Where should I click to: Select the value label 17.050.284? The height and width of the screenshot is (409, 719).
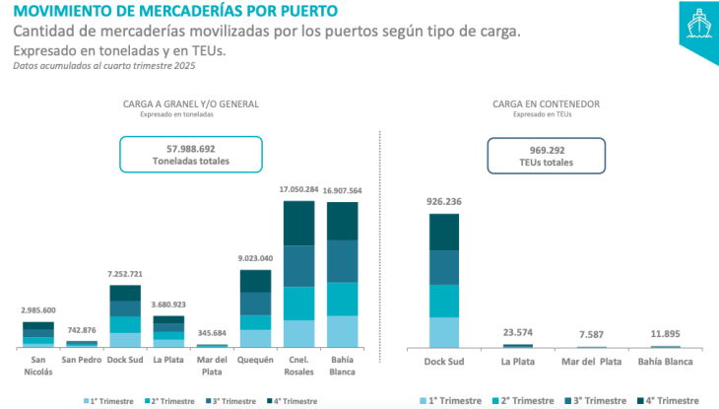[x=299, y=189]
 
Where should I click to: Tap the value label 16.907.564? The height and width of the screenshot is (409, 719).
[x=343, y=191]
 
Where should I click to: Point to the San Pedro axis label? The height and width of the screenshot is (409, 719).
[x=82, y=360]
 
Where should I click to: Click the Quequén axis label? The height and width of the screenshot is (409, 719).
[x=255, y=360]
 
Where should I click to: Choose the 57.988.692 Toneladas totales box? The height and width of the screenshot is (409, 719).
[x=191, y=154]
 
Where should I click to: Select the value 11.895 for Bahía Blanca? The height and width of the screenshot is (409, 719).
[x=666, y=334]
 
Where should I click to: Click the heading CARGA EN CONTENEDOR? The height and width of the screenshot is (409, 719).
[x=547, y=102]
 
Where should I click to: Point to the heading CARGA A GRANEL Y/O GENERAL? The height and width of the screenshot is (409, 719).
[x=192, y=102]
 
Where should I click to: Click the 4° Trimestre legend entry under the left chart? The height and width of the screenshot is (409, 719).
[x=293, y=401]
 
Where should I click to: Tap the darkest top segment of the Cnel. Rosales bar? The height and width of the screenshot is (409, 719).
[x=299, y=223]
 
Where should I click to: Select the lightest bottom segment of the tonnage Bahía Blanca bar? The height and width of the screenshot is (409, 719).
[x=343, y=331]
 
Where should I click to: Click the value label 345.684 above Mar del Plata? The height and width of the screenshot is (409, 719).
[x=213, y=332]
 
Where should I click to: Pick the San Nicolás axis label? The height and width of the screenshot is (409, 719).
[x=38, y=366]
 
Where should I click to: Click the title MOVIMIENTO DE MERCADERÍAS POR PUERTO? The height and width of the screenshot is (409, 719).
[x=173, y=12]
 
